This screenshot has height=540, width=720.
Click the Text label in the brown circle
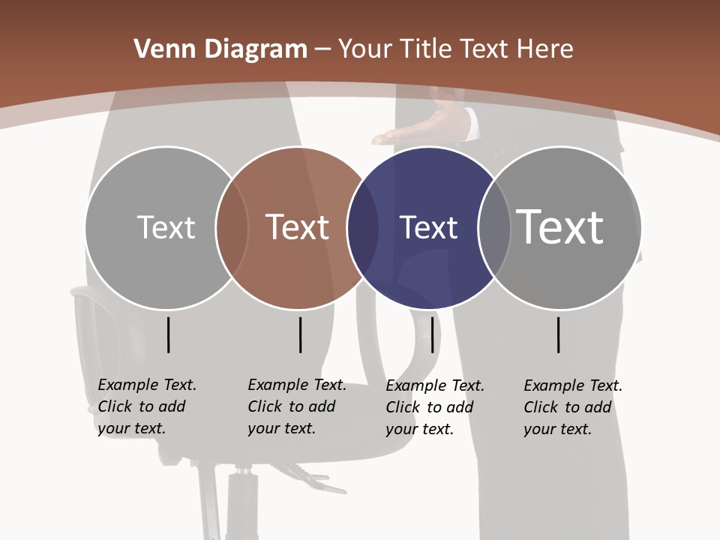pos(298,227)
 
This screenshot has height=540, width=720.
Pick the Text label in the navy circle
pos(428,227)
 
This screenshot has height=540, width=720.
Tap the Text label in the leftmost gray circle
pos(166,227)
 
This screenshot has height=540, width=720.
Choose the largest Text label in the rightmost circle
pos(560,226)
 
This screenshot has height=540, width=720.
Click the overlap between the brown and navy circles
pos(363,228)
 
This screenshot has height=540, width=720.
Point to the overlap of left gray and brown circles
pos(232,228)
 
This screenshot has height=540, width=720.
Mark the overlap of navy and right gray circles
pos(493,228)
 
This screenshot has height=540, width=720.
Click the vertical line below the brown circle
pos(300,334)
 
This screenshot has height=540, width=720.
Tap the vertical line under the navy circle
pos(432,334)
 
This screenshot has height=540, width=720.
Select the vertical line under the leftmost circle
pos(168,334)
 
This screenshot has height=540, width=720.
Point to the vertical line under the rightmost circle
pos(559,334)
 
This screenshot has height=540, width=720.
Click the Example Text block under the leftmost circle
pos(146,406)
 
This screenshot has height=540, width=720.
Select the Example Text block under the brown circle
pos(296,406)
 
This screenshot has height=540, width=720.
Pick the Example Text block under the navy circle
pos(434,407)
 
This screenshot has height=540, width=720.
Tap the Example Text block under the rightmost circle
pos(572,407)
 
